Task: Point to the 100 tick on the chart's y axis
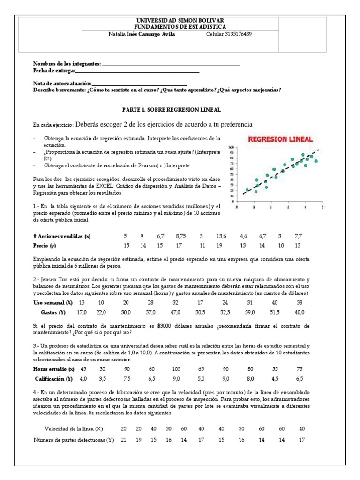point(231,148)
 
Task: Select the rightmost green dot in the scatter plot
point(316,161)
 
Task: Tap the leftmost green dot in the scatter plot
point(247,190)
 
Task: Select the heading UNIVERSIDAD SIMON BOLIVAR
point(180,21)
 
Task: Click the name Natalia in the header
point(117,34)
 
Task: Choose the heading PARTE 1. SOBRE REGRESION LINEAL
point(171,109)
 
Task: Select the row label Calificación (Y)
point(54,378)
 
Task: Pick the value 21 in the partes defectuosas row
point(124,440)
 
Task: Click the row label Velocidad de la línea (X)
point(74,428)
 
